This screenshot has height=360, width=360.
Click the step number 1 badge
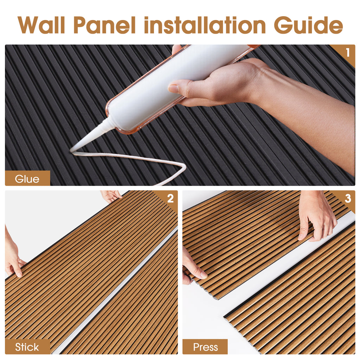[347, 52]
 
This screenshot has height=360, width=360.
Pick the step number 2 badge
[170, 199]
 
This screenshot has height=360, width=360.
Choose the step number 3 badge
[347, 199]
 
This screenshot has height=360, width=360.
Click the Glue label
[27, 179]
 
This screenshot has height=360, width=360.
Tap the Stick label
[27, 347]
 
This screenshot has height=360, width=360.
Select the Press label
[205, 347]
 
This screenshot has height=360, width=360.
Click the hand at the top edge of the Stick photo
[111, 195]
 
